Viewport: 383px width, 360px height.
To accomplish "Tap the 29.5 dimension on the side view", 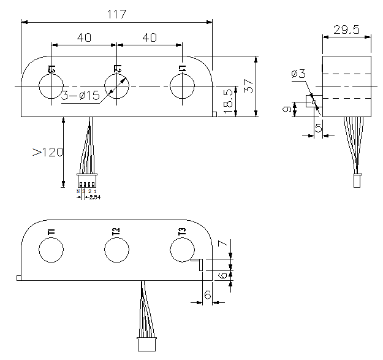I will [347, 29].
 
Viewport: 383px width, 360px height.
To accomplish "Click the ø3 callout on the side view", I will [299, 74].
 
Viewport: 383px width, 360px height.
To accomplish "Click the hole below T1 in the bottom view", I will [51, 250].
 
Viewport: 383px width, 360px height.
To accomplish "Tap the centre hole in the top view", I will [116, 86].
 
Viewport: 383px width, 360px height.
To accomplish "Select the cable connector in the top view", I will [87, 182].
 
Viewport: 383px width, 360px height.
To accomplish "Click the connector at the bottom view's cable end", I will [146, 344].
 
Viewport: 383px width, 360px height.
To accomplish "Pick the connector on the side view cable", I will [356, 181].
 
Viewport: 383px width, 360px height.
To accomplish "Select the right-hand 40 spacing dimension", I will [149, 37].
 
